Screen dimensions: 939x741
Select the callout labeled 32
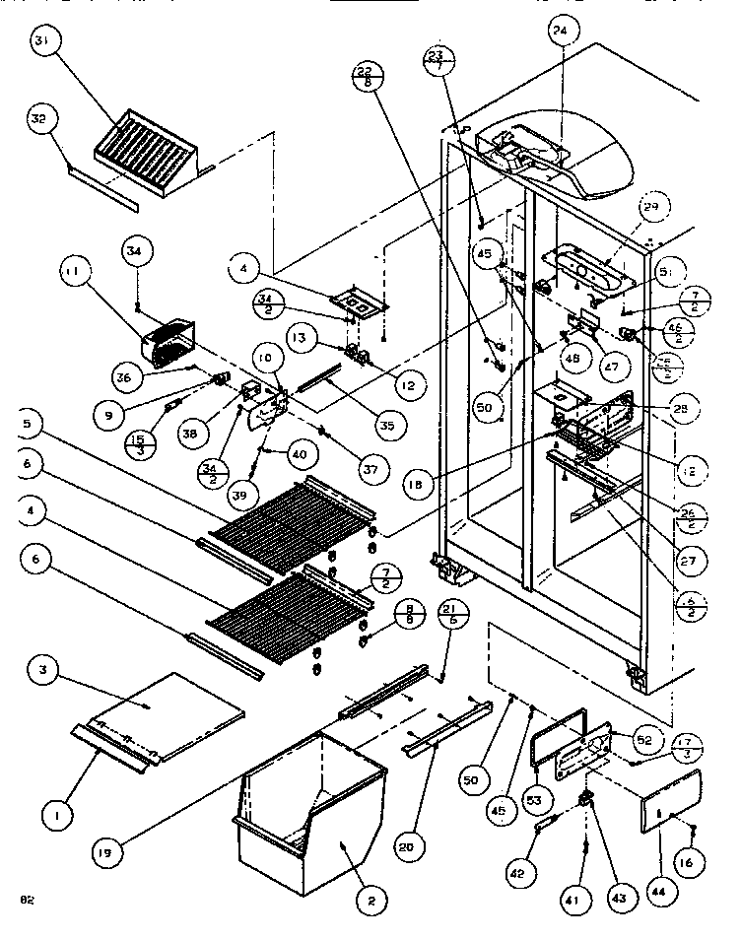[38, 119]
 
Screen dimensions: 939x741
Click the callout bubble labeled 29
[649, 206]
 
